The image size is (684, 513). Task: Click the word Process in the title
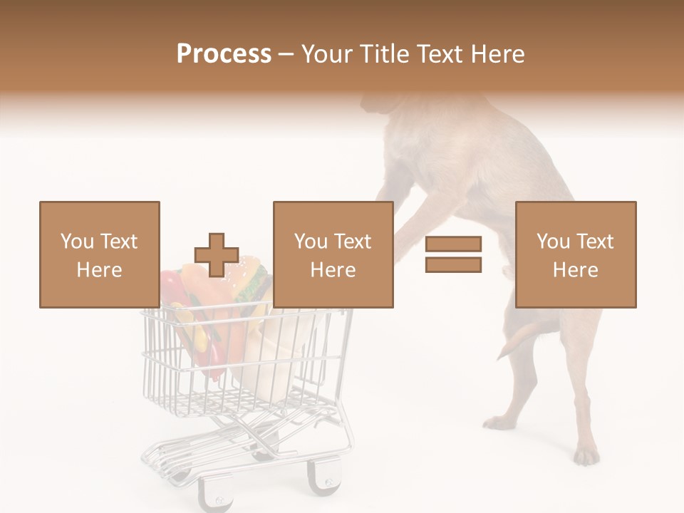tap(224, 54)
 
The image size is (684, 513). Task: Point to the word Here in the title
tap(498, 54)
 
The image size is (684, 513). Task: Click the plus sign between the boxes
tap(217, 255)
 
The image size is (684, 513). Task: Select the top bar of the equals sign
tap(453, 244)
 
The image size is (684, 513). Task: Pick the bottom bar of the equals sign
tap(453, 265)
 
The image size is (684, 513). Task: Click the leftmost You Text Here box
tap(99, 254)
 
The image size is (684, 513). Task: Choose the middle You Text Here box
tap(333, 254)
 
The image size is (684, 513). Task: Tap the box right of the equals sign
tap(575, 254)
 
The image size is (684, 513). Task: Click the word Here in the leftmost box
tap(99, 270)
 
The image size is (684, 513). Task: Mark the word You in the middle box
tap(311, 242)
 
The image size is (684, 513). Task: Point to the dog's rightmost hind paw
tap(586, 454)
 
